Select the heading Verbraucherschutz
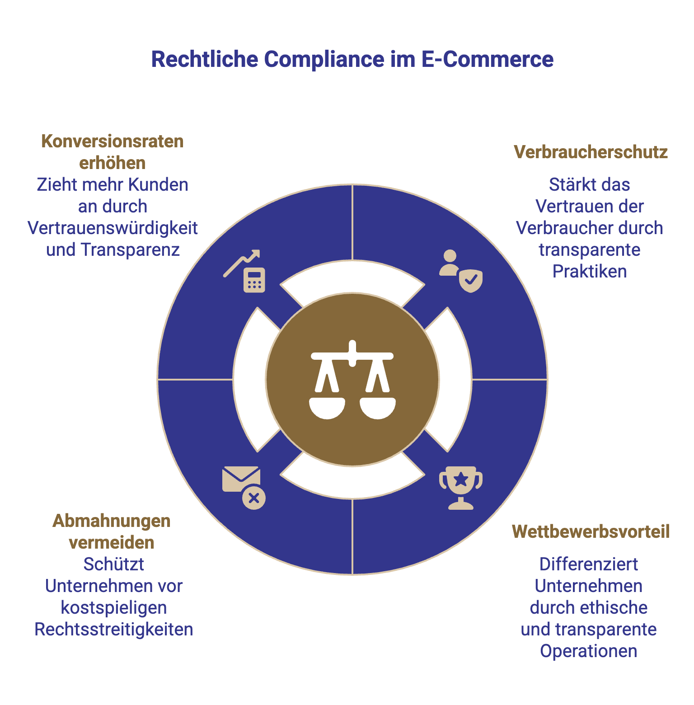(x=591, y=152)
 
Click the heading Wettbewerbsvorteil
(x=591, y=532)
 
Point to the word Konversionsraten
(x=113, y=141)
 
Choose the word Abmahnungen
(x=112, y=521)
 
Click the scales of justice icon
(x=352, y=380)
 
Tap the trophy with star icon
(x=461, y=488)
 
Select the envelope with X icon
(x=244, y=488)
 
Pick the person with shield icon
(x=461, y=271)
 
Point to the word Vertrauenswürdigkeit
(x=113, y=228)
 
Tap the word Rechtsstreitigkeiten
(x=114, y=630)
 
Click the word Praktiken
(x=590, y=272)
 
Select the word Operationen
(x=589, y=651)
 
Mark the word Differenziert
(x=589, y=564)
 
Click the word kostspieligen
(x=114, y=608)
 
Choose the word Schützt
(x=114, y=564)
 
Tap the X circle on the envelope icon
(x=254, y=498)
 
